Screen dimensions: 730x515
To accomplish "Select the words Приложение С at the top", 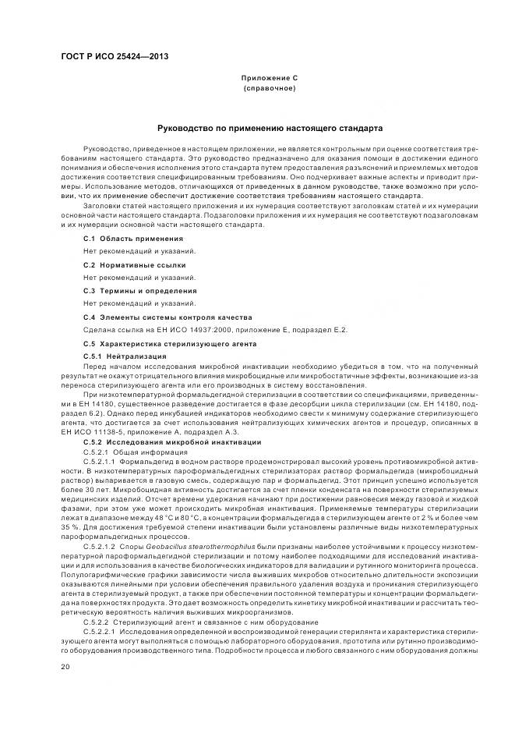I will click(269, 79).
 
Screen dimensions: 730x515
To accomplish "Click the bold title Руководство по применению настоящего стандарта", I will click(270, 127).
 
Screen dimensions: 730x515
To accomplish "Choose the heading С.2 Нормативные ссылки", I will click(129, 264).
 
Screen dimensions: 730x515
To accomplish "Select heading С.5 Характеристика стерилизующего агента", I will click(170, 344).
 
